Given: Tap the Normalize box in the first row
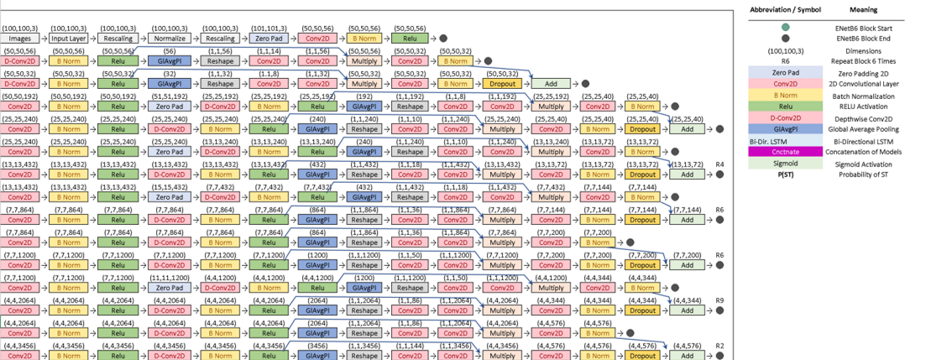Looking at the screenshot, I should point(168,38).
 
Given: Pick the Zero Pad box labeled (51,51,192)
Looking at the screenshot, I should point(168,107).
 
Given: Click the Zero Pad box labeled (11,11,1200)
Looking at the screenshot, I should point(168,288).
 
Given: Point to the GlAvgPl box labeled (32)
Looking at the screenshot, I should point(168,84).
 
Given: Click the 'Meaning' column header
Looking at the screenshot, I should point(867,10).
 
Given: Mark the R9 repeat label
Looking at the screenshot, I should point(719,300).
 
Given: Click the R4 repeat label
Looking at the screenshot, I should point(719,164).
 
